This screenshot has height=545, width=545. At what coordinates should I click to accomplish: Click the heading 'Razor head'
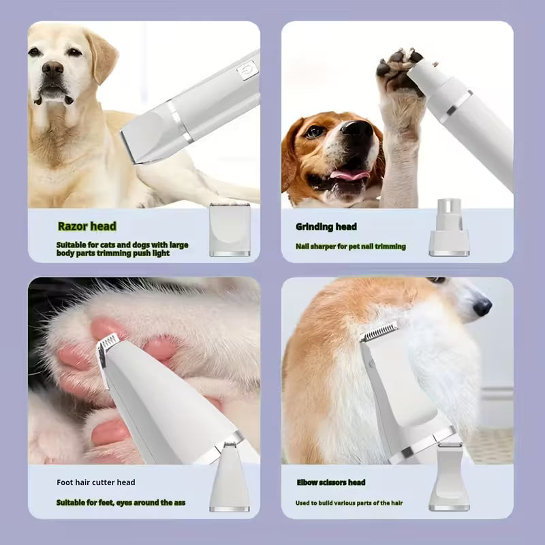pos(87,226)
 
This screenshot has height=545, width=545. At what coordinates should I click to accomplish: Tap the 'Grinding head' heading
pos(326,227)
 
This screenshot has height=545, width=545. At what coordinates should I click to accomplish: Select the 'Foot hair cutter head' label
pos(96,482)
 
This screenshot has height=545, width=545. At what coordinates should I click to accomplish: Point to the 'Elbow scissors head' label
pos(331,482)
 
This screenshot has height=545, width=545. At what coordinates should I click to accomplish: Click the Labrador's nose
pos(52,67)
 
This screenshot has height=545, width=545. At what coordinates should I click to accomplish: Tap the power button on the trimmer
pos(247,70)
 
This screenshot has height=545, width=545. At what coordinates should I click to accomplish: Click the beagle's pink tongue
pos(349,174)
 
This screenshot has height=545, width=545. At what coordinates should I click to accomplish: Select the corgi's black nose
pos(482,307)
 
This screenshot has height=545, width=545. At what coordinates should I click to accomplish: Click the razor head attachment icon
pos(230,230)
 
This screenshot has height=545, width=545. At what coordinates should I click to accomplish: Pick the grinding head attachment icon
pos(449,228)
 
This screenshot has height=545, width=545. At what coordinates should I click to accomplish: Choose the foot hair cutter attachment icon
pos(230,476)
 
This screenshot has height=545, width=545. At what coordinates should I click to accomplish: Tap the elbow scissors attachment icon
pos(449,476)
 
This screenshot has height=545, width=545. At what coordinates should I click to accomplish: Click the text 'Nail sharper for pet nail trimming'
pos(351,247)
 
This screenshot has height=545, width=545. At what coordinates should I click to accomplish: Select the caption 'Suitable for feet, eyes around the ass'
pos(121,503)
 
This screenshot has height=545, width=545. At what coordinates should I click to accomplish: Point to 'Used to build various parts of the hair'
pos(349,503)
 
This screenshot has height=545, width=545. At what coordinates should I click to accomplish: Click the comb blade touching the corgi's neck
pos(379,331)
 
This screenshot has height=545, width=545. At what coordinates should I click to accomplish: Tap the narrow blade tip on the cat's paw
pos(107,343)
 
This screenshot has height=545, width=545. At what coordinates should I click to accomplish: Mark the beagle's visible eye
pos(315,131)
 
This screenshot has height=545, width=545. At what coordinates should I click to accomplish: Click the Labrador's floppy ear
pos(102,56)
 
